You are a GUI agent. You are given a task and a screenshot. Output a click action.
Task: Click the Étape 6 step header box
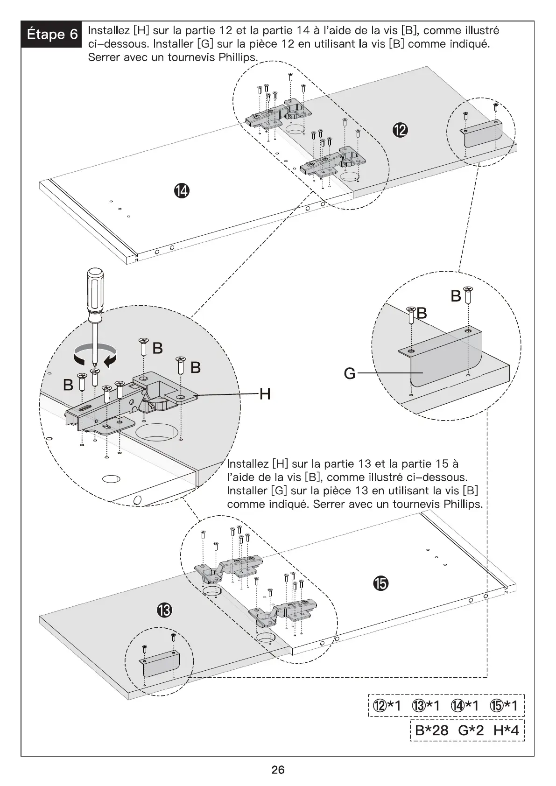point(51,34)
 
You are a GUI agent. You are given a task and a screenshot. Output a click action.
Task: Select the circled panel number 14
point(182,190)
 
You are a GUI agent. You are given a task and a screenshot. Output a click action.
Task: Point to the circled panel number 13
point(165,610)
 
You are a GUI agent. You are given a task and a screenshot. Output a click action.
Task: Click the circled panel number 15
point(380,583)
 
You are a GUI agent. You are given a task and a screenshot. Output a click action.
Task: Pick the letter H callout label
point(265,395)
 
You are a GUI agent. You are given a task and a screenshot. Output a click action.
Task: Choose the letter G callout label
point(350,373)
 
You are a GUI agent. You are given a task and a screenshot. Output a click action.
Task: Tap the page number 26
point(278,770)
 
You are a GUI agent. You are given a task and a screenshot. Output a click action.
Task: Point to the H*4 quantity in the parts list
point(506,744)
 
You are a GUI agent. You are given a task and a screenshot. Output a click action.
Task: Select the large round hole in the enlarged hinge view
point(157,433)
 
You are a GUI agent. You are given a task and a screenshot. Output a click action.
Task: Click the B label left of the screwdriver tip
point(68,385)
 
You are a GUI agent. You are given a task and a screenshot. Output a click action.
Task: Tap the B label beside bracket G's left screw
point(422,313)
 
